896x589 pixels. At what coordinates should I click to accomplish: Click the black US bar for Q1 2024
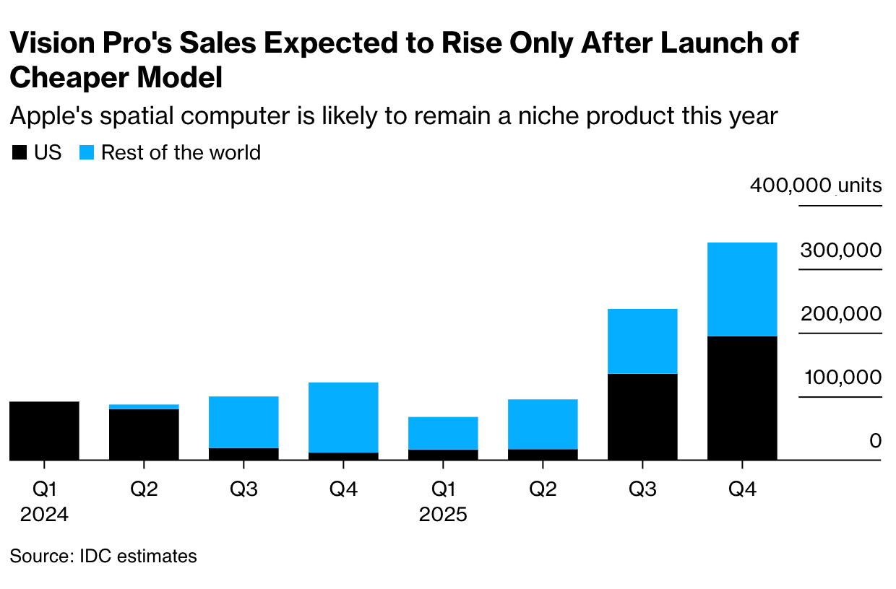pos(44,430)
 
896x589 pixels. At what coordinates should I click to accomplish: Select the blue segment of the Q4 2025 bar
pos(742,289)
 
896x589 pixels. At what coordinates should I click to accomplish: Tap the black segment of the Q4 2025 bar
pos(742,398)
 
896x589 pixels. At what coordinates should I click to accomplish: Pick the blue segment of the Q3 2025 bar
pos(642,341)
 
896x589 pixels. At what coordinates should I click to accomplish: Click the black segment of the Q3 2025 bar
pos(642,416)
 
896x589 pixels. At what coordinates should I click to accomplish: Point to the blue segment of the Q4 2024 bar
pos(343,417)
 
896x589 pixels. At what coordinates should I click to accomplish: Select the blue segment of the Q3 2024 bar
pos(244,422)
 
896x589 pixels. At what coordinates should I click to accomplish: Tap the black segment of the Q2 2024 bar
pos(144,434)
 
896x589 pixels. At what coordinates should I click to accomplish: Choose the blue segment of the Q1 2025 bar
pos(443,433)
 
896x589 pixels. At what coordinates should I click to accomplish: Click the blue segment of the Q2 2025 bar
pos(543,424)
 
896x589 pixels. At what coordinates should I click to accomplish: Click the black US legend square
pos(20,153)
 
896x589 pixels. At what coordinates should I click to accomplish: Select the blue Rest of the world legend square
pos(86,153)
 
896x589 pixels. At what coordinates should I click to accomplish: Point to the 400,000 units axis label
pos(815,186)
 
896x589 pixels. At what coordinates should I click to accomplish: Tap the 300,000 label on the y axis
pos(840,250)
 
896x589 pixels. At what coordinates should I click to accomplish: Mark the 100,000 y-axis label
pos(840,378)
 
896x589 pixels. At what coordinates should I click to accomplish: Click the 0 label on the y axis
pos(875,441)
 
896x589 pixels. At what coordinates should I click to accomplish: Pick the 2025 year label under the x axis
pos(443,515)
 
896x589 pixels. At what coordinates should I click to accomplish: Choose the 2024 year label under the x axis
pos(44,515)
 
